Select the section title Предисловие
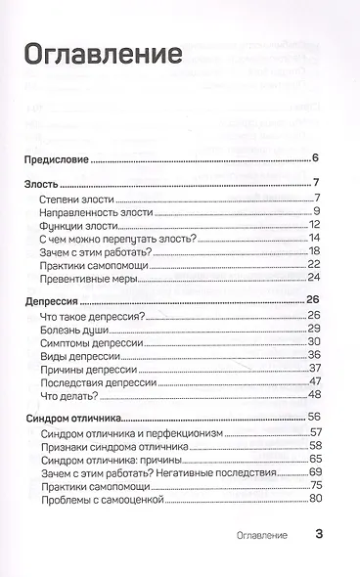click(x=57, y=158)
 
